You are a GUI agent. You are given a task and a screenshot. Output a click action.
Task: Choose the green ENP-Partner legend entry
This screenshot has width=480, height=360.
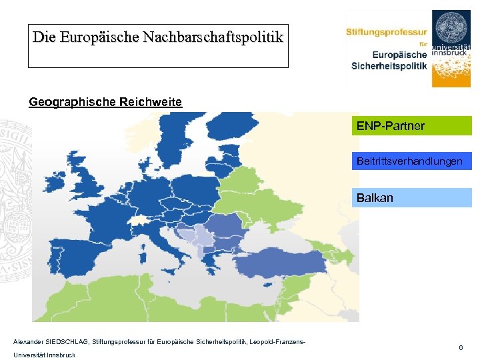click(411, 126)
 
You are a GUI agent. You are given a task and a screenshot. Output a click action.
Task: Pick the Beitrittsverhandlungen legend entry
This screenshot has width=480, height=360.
click(411, 161)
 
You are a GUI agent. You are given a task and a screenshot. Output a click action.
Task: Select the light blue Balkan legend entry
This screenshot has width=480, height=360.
click(411, 198)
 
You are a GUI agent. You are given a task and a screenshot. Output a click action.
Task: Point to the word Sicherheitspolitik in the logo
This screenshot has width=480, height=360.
click(389, 65)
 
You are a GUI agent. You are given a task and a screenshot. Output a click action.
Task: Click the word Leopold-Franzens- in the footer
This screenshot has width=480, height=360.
click(278, 342)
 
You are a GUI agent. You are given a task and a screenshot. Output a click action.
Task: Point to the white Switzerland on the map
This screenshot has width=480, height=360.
click(141, 221)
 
